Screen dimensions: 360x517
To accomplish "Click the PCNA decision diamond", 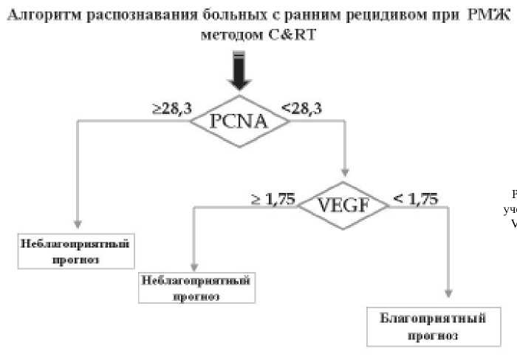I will (238, 121).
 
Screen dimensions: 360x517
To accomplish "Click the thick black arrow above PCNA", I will (238, 74).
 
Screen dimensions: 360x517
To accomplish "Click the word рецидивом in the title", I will (388, 16).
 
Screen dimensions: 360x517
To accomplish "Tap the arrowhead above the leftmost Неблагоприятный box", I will (78, 223).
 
